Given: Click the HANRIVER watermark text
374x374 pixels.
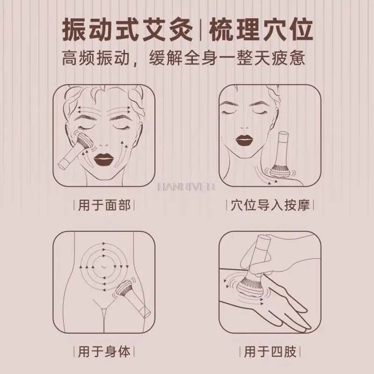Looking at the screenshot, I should click(x=187, y=187).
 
